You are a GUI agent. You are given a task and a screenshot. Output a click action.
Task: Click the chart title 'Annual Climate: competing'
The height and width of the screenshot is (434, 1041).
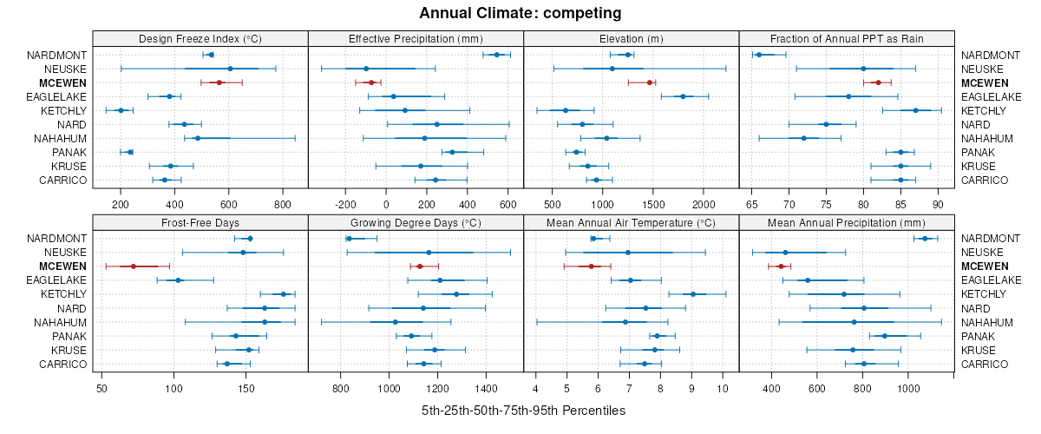520,13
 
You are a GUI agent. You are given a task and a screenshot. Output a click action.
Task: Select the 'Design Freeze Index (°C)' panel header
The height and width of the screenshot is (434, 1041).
200,38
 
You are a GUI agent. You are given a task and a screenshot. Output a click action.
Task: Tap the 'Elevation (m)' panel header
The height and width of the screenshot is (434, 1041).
631,38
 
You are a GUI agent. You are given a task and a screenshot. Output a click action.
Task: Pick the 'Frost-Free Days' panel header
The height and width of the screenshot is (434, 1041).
200,222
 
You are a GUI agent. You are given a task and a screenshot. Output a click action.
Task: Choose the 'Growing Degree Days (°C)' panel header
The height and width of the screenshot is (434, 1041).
416,222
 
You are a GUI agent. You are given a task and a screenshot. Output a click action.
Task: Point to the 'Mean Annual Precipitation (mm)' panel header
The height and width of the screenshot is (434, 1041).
846,222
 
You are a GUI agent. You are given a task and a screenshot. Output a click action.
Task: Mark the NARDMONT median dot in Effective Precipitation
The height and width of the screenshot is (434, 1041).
497,55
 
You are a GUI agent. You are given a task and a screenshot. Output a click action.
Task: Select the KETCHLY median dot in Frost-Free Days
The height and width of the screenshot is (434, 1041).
284,294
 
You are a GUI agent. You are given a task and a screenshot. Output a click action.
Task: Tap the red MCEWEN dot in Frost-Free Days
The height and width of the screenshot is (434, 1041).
133,266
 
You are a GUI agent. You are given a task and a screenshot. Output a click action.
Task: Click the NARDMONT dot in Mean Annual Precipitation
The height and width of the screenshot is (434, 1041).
925,239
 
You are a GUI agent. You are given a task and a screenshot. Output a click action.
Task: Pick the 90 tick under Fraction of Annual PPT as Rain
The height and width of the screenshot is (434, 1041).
938,193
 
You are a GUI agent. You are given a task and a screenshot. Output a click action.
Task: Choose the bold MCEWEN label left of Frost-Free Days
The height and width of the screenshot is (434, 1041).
64,266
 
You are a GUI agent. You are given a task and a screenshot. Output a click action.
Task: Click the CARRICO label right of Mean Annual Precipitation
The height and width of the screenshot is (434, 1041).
985,364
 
